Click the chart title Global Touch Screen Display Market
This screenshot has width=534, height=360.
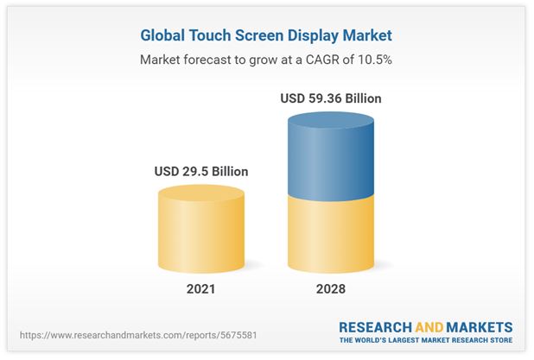click(x=266, y=36)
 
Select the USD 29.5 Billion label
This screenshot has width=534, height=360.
click(x=201, y=171)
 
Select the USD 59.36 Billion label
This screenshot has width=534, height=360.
click(x=331, y=98)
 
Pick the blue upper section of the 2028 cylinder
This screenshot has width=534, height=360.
click(x=331, y=155)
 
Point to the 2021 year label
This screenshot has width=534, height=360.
click(x=201, y=288)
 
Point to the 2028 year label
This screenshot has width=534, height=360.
click(x=331, y=288)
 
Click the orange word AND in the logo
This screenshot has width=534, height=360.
click(x=430, y=327)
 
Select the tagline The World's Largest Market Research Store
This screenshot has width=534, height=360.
click(x=426, y=341)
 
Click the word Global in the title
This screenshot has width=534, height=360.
click(x=164, y=36)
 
